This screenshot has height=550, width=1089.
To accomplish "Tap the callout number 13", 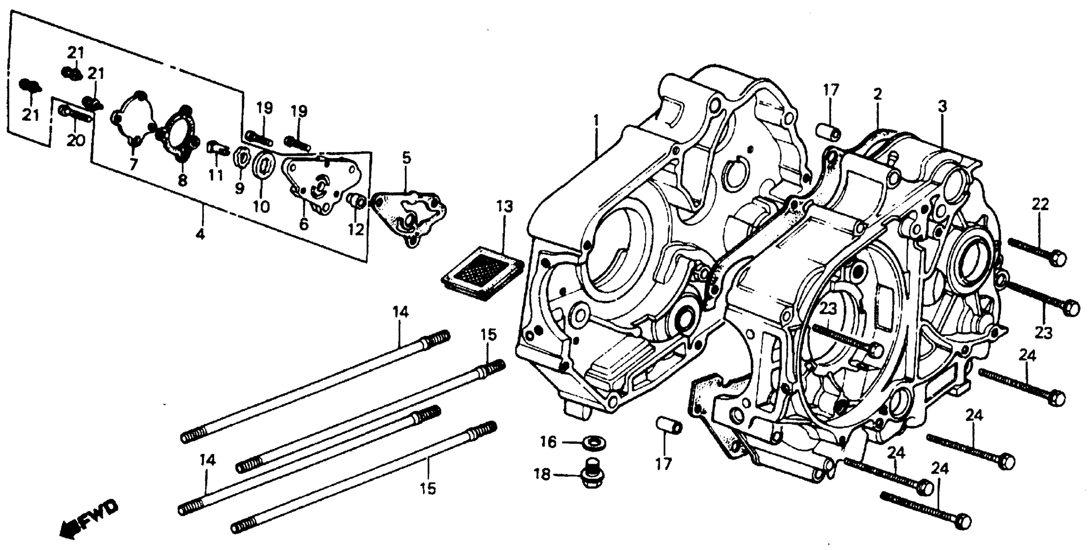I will (x=504, y=206).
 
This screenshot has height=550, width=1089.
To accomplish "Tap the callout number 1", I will (x=596, y=121).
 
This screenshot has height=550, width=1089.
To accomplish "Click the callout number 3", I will (x=942, y=107).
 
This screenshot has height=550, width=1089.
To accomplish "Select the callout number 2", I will (x=877, y=94).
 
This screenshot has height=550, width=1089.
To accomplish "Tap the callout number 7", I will (x=134, y=164).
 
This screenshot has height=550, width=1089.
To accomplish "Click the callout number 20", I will (x=76, y=141).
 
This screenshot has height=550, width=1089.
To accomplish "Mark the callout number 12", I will (x=356, y=230).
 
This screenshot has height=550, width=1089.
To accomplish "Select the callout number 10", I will (x=262, y=206).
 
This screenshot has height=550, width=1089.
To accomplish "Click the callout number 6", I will (x=303, y=224).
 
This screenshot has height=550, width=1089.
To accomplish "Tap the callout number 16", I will (x=548, y=442).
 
